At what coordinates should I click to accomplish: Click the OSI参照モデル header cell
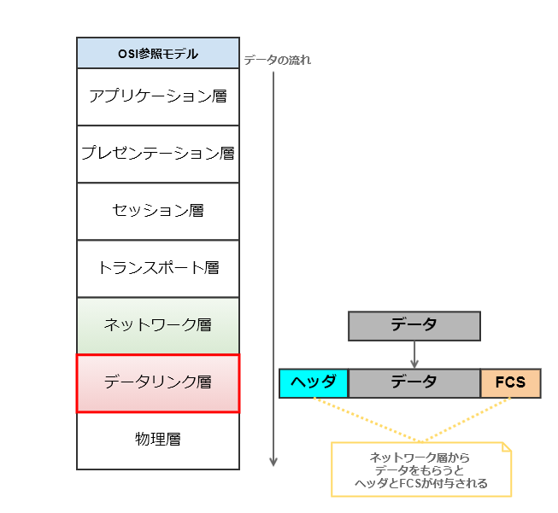click(158, 53)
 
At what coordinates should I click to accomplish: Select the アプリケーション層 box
click(158, 96)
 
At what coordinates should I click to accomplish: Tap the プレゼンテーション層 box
click(158, 154)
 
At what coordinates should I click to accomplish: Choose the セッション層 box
click(158, 211)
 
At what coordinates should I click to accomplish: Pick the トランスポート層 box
click(158, 268)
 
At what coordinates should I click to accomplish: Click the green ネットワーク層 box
click(158, 326)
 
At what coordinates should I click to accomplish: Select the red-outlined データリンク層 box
click(158, 383)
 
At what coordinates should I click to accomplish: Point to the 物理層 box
click(158, 440)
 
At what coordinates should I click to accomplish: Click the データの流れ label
click(277, 60)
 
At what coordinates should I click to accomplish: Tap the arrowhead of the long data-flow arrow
click(273, 462)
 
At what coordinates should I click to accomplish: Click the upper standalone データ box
click(414, 326)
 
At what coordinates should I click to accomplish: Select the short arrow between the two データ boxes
click(414, 354)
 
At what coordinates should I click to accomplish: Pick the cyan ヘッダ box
click(314, 383)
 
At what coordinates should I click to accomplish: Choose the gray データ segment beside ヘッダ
click(414, 383)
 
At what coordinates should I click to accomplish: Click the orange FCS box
click(511, 383)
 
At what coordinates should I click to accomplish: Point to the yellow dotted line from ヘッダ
click(367, 420)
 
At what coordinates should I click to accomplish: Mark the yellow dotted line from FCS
click(467, 420)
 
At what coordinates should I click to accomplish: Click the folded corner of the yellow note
click(507, 447)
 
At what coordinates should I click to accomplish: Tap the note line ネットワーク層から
click(420, 458)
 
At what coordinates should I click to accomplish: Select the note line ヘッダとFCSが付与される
click(421, 483)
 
